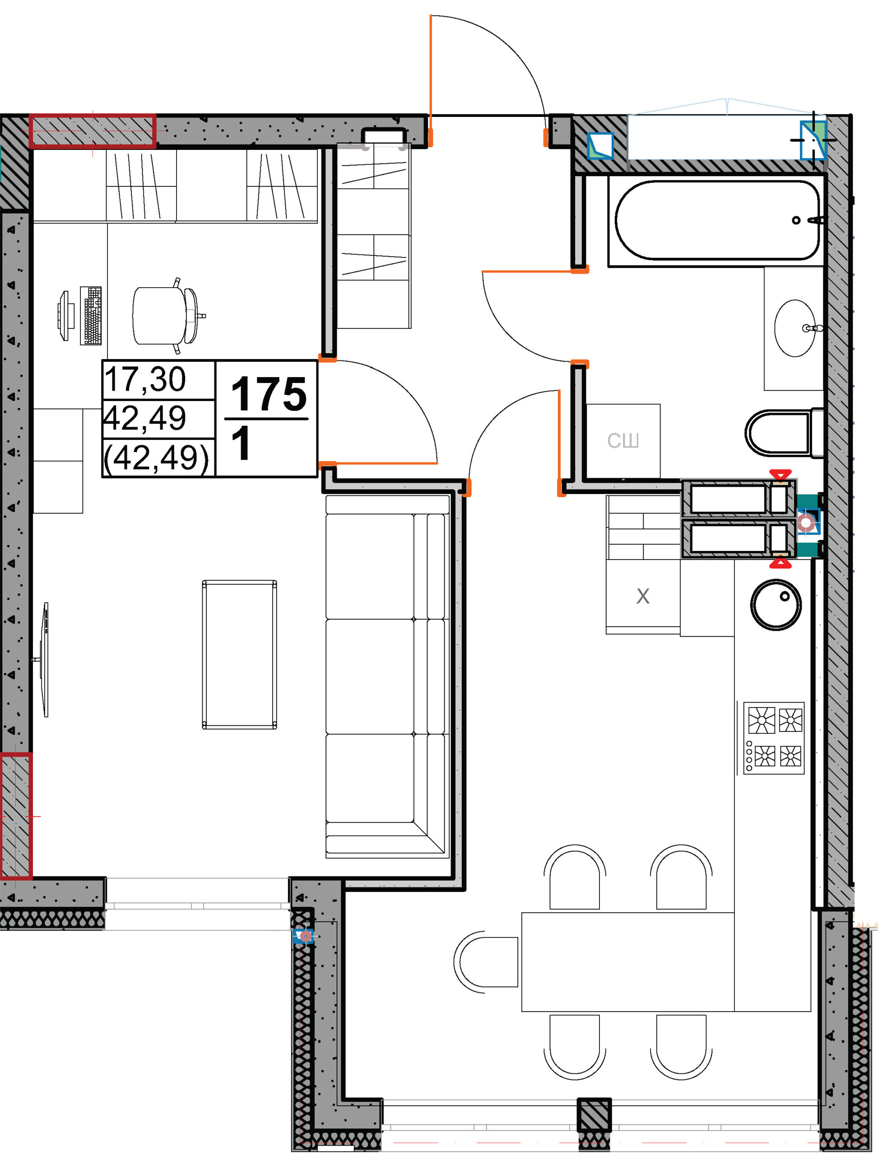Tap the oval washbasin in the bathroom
795,328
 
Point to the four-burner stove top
774,738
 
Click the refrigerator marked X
643,597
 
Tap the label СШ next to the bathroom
623,441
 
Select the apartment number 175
269,394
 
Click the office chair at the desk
166,316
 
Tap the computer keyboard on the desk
91,315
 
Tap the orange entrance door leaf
431,79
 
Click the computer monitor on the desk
63,316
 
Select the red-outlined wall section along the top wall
93,131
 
